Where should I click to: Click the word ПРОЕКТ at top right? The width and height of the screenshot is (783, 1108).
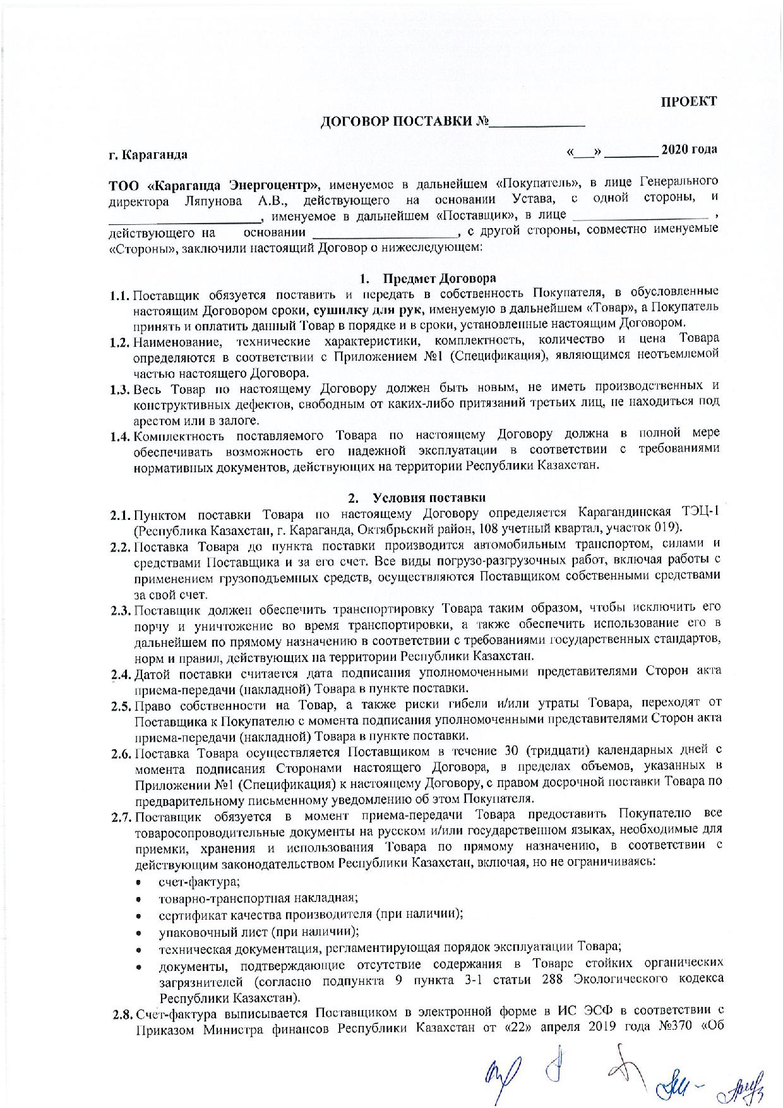tap(689, 102)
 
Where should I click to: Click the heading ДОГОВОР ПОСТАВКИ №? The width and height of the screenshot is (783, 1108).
tap(404, 122)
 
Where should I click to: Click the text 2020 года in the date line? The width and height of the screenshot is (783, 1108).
tap(689, 150)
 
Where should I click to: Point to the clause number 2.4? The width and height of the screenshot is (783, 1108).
tap(121, 673)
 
